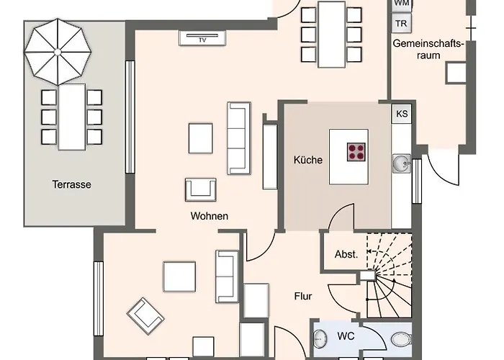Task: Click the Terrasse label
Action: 71,184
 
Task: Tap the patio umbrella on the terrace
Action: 58,52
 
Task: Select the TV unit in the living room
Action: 202,38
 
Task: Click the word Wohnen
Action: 210,216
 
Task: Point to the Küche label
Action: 308,160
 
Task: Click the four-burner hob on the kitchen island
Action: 356,152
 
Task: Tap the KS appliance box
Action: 402,114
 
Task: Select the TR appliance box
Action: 401,24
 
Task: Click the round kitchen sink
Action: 400,163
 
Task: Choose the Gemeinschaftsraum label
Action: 428,49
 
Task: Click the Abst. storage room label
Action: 346,254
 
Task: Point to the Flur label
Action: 303,296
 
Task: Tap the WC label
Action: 346,336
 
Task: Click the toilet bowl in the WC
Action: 401,339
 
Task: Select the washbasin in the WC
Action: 320,339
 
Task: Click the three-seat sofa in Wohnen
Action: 239,138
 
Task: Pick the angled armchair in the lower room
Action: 145,316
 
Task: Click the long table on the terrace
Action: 72,117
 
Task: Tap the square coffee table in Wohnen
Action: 201,138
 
